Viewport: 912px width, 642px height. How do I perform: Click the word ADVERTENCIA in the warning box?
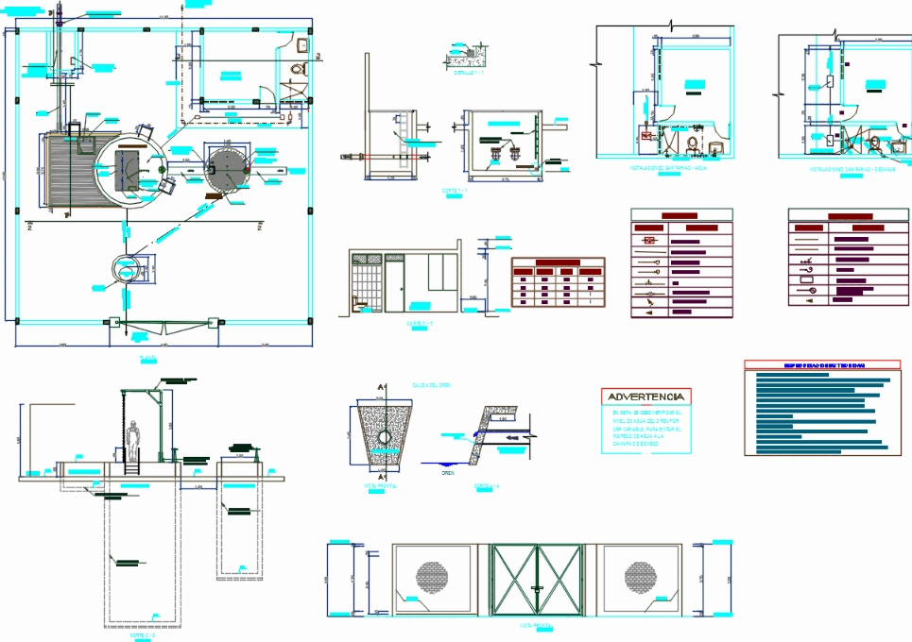click(x=646, y=397)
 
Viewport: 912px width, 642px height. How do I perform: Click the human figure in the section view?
click(x=134, y=441)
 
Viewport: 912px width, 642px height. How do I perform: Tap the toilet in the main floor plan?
click(x=298, y=69)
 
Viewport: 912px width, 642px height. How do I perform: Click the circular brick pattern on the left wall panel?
click(x=436, y=575)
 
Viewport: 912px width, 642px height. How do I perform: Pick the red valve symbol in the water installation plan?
click(x=648, y=137)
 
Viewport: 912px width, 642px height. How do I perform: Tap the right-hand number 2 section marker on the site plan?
click(x=259, y=228)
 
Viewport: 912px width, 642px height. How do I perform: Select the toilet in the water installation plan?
click(x=694, y=144)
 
